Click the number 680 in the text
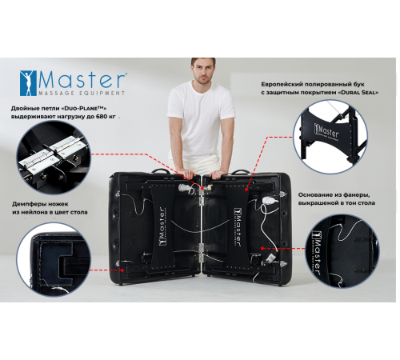(100, 118)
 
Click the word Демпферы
(30, 204)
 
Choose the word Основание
(316, 194)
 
